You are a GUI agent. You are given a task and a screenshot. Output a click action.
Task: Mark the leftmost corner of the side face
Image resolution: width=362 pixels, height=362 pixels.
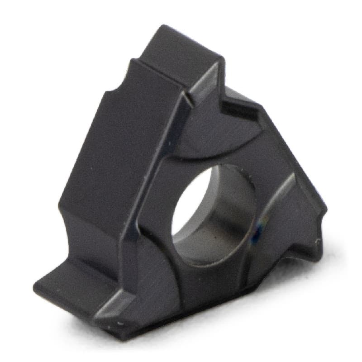(59, 208)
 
